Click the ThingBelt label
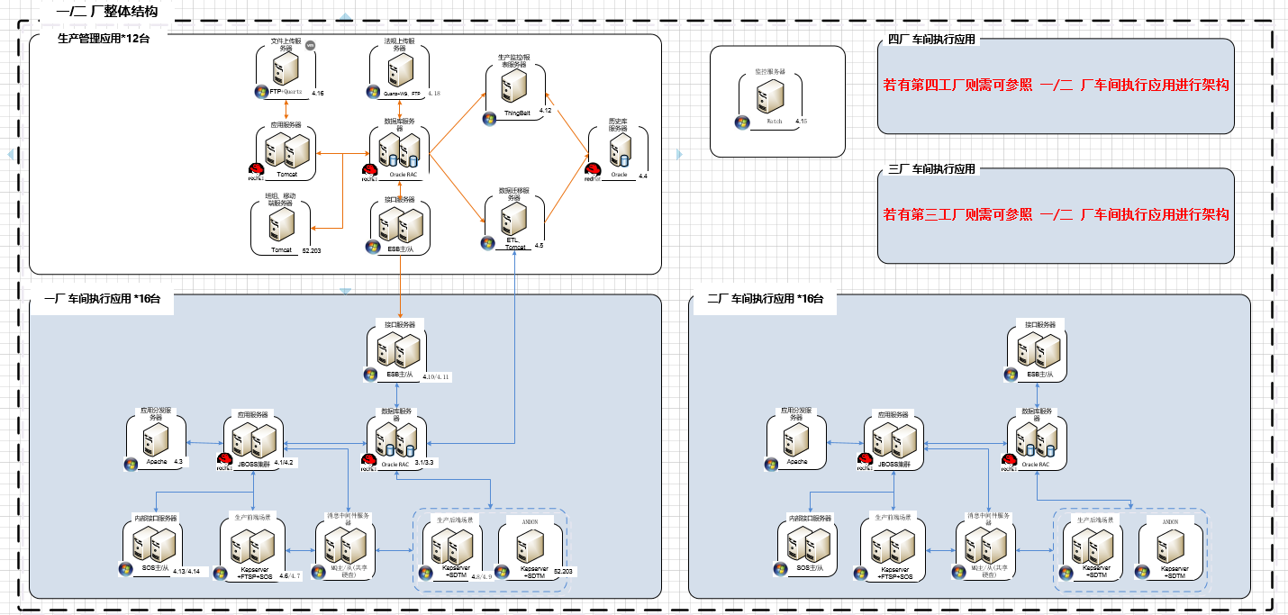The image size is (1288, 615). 517,113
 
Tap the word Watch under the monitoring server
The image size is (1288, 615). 774,121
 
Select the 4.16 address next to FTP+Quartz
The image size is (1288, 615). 317,93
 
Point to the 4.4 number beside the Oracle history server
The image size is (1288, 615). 642,176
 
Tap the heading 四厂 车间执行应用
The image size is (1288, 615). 931,40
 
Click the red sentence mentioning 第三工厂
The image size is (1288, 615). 1056,215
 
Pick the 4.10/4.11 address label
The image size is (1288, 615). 436,376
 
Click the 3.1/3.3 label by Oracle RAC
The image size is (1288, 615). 424,462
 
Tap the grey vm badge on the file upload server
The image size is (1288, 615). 310,45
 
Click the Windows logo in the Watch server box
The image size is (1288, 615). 742,122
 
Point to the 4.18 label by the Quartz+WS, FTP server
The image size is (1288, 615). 434,93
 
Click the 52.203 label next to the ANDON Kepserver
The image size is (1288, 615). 563,572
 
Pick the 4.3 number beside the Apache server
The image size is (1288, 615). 178,462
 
